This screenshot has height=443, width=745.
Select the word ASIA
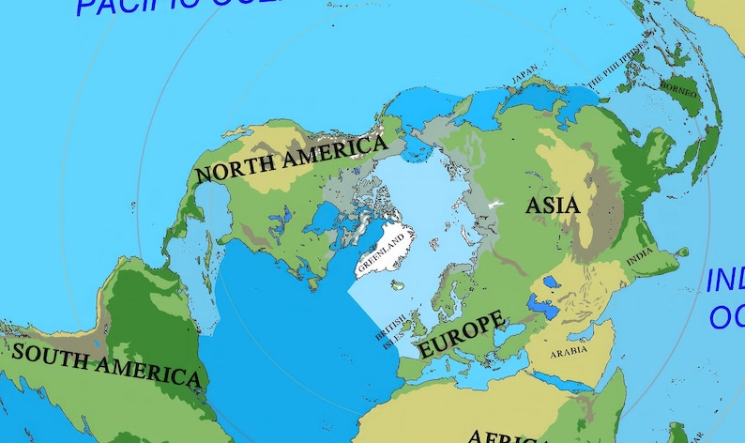point(552,206)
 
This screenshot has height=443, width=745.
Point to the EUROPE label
point(460,333)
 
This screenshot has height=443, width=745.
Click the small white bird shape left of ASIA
point(495,204)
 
